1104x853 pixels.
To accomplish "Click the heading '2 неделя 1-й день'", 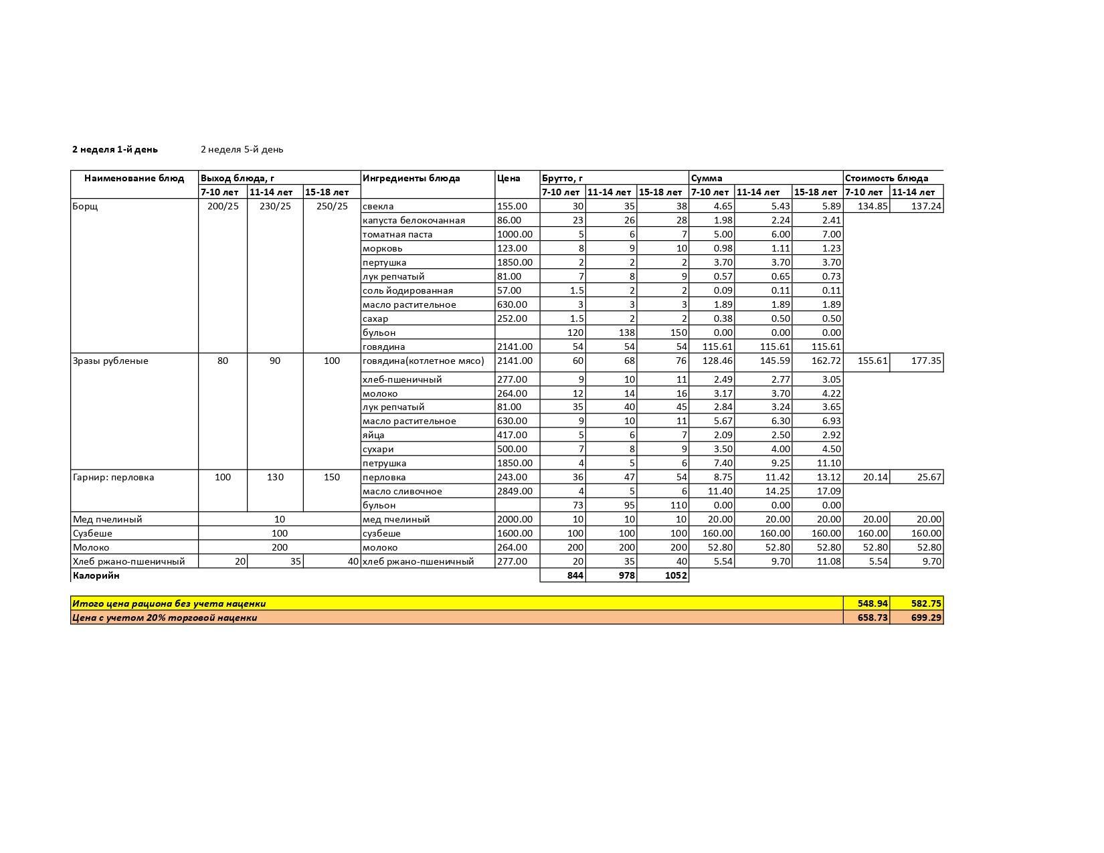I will pos(115,149).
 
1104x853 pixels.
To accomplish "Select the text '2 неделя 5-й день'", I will pos(242,149).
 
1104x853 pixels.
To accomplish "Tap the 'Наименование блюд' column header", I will pos(134,178).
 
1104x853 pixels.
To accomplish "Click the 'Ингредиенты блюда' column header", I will pos(411,178).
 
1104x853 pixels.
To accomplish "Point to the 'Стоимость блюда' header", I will pos(887,178).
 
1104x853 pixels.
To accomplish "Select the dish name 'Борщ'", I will pos(85,206).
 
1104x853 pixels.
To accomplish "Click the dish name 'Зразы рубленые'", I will pos(110,361).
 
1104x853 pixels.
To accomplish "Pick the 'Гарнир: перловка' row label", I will pos(113,477).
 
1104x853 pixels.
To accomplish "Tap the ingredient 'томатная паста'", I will pos(397,234).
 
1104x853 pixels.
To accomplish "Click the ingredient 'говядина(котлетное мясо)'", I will pos(423,361).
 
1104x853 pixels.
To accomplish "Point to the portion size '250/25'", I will pos(332,206).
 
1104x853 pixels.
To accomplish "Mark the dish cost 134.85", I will pos(872,206).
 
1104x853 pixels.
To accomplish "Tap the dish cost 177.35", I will pos(926,361).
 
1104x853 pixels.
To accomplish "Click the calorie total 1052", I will pos(674,575).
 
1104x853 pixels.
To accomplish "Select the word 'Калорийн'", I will pos(96,575).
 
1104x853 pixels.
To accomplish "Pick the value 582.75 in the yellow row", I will pos(926,603).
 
